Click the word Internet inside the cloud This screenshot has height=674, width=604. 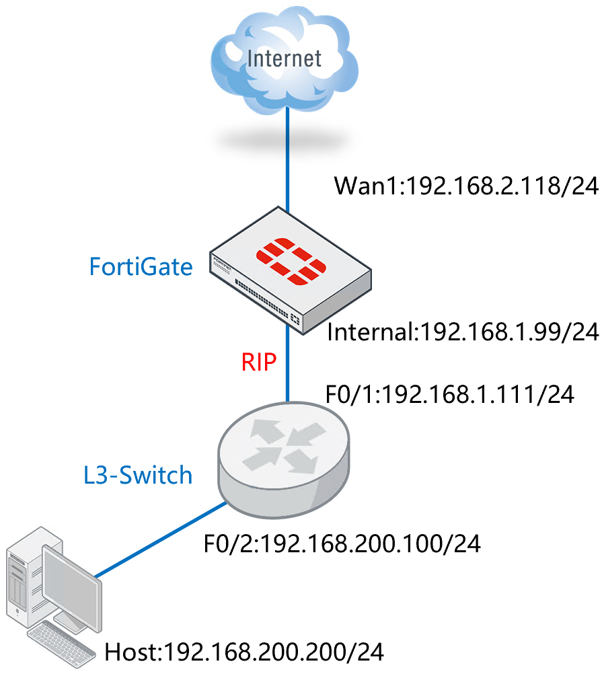285,58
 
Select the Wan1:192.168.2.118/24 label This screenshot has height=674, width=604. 466,185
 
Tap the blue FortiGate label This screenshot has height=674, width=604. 141,267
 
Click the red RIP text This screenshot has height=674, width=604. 258,363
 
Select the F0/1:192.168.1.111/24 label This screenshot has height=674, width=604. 449,395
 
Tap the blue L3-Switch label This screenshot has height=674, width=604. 137,476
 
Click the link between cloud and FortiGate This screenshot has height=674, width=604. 288,161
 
